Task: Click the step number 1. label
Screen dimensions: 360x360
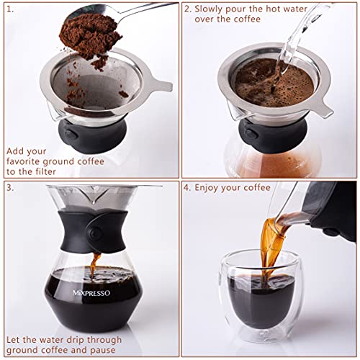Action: point(9,9)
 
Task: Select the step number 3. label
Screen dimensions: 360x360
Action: point(9,188)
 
